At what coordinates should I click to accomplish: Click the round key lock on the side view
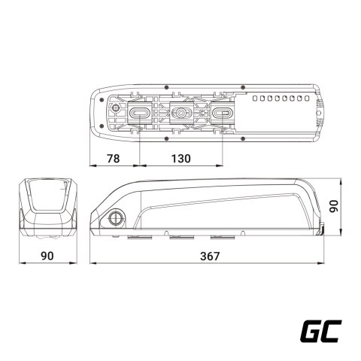117,217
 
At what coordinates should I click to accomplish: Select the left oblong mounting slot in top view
141,112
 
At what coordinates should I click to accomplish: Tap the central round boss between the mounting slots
181,112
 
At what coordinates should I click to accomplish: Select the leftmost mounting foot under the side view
141,239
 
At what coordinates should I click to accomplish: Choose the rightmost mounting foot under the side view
223,239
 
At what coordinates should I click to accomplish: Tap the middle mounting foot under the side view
181,239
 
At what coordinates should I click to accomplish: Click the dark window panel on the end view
50,195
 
